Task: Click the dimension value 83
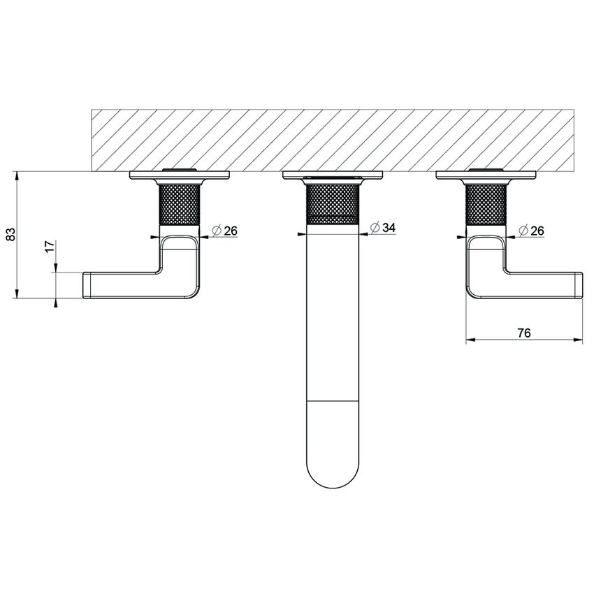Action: tap(11, 235)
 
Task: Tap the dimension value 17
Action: tap(50, 247)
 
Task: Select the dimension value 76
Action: tap(524, 333)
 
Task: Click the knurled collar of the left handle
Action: tap(180, 204)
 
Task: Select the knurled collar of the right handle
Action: tap(486, 204)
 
